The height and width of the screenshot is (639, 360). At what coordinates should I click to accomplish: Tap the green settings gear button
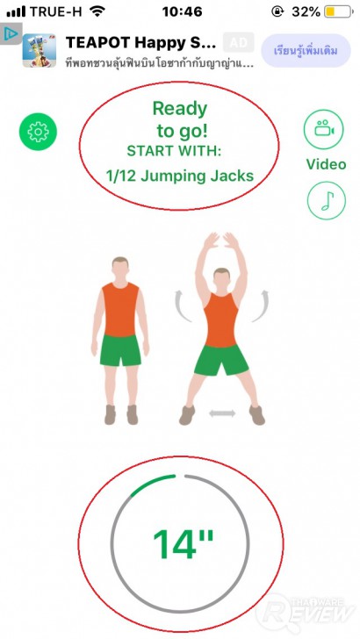[37, 132]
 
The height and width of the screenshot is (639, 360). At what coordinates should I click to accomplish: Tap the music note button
[326, 200]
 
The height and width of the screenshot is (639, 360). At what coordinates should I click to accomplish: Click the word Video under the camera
[326, 164]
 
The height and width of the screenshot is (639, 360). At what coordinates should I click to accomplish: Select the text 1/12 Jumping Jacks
[179, 176]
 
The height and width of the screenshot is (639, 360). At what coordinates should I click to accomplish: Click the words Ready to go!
[179, 120]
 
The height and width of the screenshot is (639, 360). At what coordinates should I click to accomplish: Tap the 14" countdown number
[184, 544]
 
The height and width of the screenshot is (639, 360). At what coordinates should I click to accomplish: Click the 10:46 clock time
[183, 12]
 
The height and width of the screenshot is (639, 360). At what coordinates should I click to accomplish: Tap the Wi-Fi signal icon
[97, 12]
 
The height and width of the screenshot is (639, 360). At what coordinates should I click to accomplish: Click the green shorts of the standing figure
[121, 349]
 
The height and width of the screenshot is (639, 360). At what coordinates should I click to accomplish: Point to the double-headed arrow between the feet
[222, 413]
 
